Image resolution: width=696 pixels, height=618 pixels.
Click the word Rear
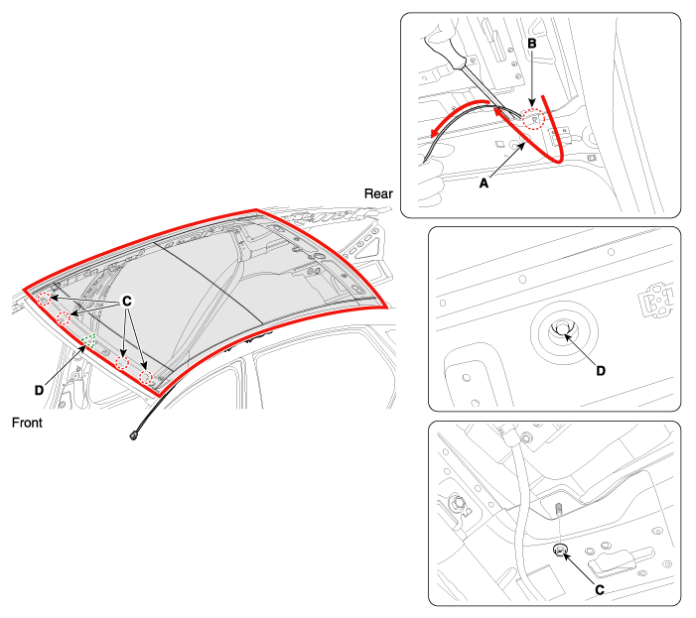pos(378,193)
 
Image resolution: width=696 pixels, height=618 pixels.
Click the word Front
pos(27,423)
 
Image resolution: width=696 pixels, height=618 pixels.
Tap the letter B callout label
pos(532,44)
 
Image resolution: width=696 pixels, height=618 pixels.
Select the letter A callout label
pos(484,183)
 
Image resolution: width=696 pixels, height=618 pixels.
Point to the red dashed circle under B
pos(533,118)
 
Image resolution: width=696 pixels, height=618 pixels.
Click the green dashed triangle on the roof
pos(88,340)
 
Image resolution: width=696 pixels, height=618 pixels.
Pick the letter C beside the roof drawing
pos(126,302)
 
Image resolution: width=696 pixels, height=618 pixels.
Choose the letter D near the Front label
pos(39,390)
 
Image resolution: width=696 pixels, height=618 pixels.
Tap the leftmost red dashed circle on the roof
pos(44,300)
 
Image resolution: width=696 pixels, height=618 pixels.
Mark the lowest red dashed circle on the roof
pos(145,378)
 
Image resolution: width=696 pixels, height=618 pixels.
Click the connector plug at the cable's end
pos(133,436)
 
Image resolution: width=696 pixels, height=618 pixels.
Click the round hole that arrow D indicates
pos(562,329)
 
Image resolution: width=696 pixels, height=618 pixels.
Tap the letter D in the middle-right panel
pos(601,371)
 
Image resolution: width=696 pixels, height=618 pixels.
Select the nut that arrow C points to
pos(560,551)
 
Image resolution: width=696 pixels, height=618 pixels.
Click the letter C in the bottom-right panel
pos(600,590)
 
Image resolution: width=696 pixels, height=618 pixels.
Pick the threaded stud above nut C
pos(559,508)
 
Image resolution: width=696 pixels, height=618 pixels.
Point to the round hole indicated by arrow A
pos(515,145)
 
